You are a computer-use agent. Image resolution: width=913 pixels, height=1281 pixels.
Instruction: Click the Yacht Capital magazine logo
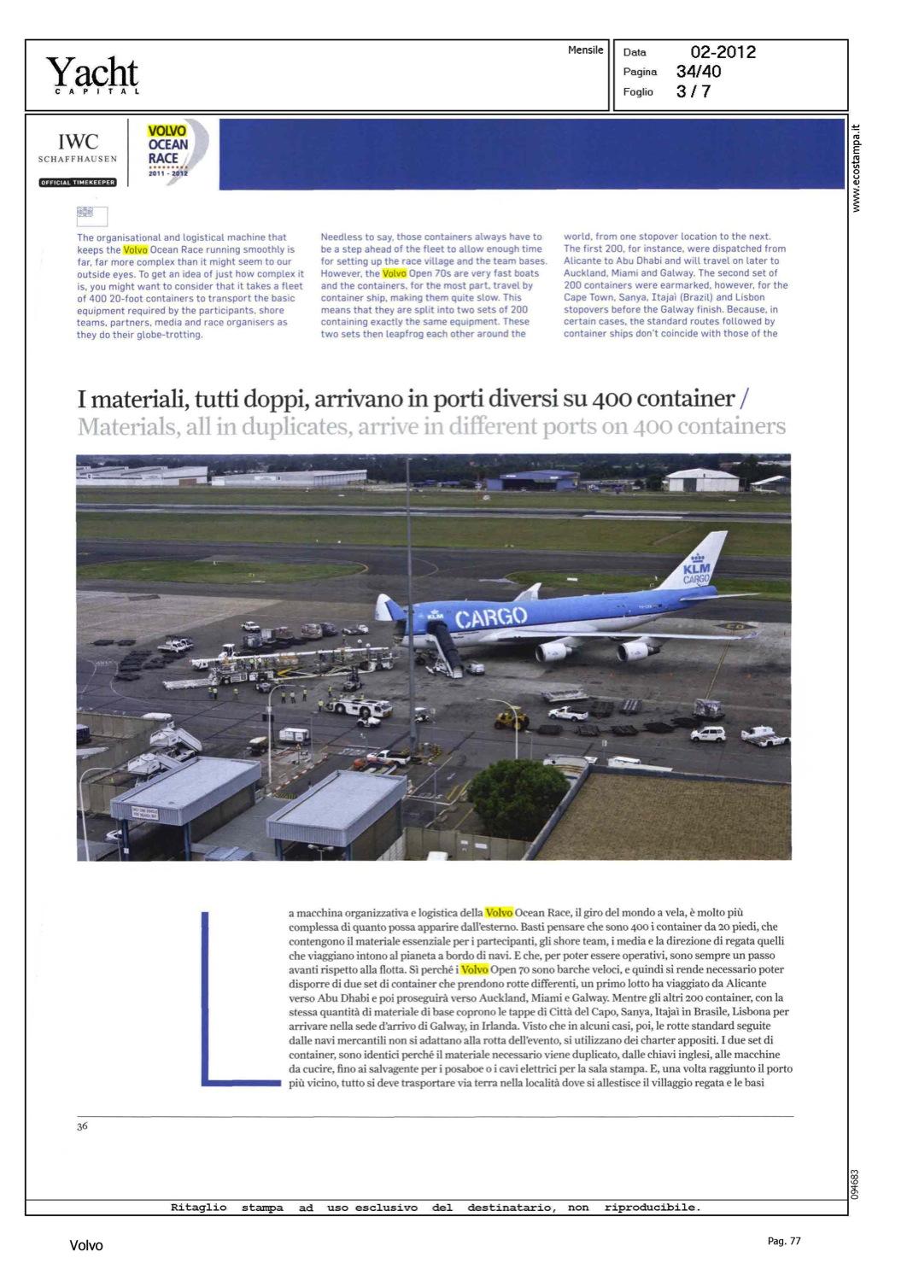(x=92, y=74)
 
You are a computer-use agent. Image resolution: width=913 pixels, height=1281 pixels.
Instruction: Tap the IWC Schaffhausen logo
(x=78, y=147)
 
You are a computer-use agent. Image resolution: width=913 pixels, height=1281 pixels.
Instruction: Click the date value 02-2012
(x=723, y=52)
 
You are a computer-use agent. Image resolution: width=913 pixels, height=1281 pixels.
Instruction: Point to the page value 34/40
(x=699, y=72)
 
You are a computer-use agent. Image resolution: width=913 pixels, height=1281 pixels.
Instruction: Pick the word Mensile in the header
(x=585, y=50)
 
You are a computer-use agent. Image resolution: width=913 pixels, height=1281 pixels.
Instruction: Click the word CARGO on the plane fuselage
(x=490, y=617)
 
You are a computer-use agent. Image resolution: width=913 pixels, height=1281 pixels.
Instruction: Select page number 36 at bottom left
(x=82, y=1126)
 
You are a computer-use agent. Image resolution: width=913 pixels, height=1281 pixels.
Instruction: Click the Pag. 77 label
(x=784, y=1241)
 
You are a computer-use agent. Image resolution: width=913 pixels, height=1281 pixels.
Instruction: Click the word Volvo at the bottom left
(x=85, y=1246)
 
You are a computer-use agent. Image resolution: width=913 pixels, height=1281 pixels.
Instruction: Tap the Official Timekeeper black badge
(x=78, y=182)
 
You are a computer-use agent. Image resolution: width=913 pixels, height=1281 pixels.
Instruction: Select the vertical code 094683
(x=855, y=1184)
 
